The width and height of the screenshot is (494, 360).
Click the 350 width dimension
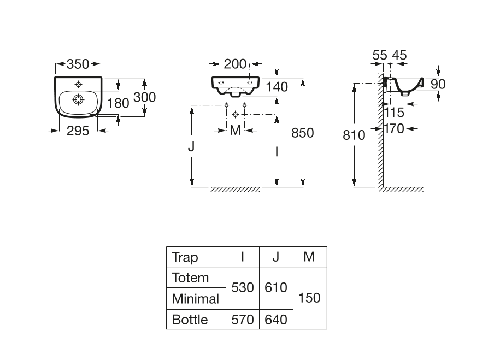point(78,64)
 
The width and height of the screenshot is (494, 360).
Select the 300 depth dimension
point(145,97)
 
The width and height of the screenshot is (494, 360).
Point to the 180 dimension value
point(117,103)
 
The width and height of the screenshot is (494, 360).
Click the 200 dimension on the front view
point(236,64)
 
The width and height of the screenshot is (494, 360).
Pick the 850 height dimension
point(303,132)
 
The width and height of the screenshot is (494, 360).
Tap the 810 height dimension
point(354,134)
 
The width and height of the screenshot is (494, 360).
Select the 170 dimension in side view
point(394,129)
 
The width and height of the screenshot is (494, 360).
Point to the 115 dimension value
point(394,113)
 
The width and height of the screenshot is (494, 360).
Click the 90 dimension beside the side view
point(438,84)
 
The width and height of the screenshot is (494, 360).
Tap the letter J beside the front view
point(191,147)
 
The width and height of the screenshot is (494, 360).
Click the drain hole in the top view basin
point(78,99)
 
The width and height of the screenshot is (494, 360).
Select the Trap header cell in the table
point(185,257)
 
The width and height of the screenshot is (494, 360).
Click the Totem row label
point(190,278)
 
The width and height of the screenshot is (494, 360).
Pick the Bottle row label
point(190,320)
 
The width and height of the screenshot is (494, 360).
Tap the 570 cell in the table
point(243,320)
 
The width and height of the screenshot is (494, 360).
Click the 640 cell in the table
point(276,320)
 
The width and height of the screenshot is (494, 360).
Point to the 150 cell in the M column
point(309,298)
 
